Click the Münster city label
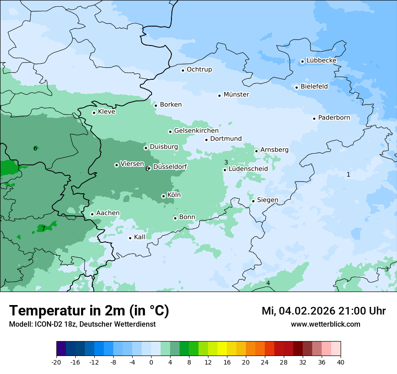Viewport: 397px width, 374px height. pyautogui.click(x=236, y=95)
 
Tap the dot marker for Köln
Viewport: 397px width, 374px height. pyautogui.click(x=163, y=196)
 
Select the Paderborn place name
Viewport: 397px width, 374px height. pyautogui.click(x=334, y=118)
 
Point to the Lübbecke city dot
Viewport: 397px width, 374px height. pyautogui.click(x=303, y=61)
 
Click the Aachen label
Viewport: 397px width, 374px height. pyautogui.click(x=108, y=213)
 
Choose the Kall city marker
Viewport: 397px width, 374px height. pyautogui.click(x=130, y=238)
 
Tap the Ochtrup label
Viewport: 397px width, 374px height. pyautogui.click(x=199, y=69)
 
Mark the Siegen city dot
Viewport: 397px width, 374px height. pyautogui.click(x=254, y=201)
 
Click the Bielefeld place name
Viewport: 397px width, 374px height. pyautogui.click(x=314, y=87)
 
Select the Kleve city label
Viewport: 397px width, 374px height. pyautogui.click(x=106, y=112)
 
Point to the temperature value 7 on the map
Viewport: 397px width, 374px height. pyautogui.click(x=43, y=228)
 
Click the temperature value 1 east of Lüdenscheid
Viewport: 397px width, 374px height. pyautogui.click(x=348, y=174)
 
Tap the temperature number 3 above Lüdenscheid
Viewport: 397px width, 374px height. pyautogui.click(x=226, y=162)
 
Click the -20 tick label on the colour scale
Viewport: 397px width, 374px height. pyautogui.click(x=56, y=362)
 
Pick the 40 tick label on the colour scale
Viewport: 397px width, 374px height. pyautogui.click(x=341, y=362)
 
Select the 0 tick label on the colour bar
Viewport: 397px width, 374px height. pyautogui.click(x=151, y=362)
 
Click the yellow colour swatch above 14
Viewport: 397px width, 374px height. pyautogui.click(x=222, y=349)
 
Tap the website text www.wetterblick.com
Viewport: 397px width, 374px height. pyautogui.click(x=325, y=324)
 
